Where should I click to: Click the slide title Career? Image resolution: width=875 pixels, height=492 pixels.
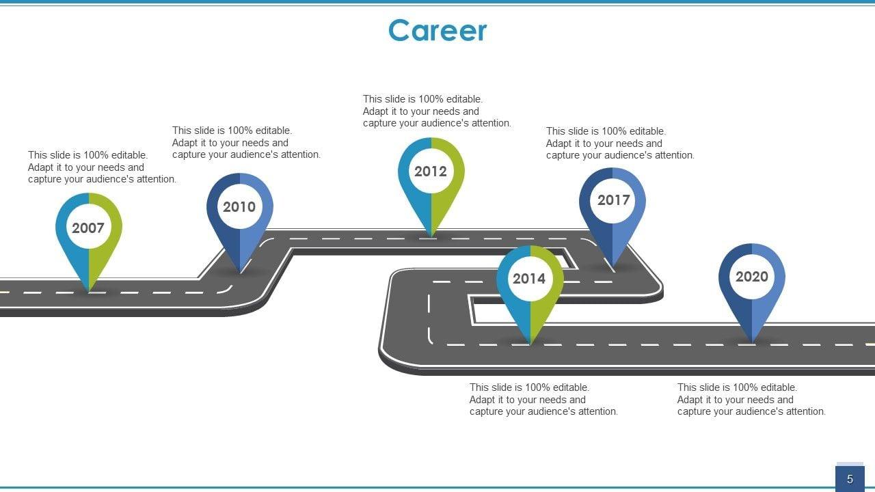437,31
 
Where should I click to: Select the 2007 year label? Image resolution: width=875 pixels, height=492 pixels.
88,228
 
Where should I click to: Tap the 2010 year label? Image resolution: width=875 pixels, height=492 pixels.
239,207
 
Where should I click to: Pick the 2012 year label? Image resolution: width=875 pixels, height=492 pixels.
431,172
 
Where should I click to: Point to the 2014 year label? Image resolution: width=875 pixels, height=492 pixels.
529,279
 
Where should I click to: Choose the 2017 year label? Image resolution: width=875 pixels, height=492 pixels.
613,200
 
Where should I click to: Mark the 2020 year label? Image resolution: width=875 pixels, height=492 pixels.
752,277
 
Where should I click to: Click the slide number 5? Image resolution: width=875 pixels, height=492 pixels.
850,479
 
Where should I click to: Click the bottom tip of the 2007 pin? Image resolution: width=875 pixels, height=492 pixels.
89,290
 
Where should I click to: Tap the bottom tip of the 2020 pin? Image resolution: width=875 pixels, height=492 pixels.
752,341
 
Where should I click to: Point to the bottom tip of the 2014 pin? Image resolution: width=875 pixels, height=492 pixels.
530,342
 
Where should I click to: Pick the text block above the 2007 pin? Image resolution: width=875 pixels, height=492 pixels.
102,167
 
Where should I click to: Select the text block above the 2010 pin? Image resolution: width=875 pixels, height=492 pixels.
246,143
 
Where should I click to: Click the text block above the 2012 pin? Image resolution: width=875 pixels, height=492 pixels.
437,111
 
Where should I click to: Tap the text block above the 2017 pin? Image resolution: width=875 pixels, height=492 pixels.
620,143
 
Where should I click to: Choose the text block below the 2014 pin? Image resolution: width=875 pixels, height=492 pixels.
543,400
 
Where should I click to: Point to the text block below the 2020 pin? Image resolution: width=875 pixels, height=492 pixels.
751,400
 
